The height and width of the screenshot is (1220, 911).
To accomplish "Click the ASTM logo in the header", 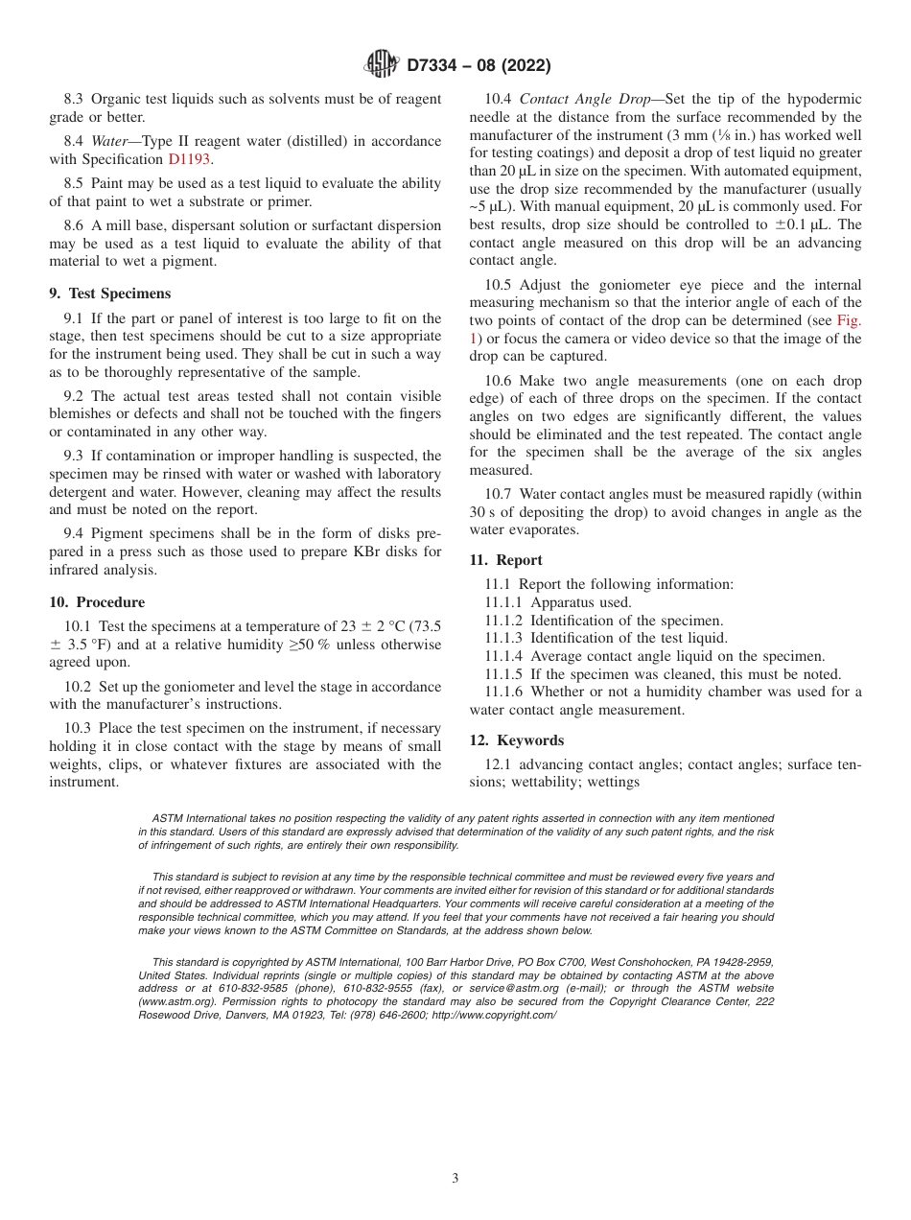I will coord(382,64).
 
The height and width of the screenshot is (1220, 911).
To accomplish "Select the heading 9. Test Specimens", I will coord(109,294).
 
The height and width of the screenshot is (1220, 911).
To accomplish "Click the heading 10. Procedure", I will coord(97,602).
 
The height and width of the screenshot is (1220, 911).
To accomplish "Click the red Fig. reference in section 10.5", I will coord(849,321).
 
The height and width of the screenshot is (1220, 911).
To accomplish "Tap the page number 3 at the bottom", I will coord(455,1179).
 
